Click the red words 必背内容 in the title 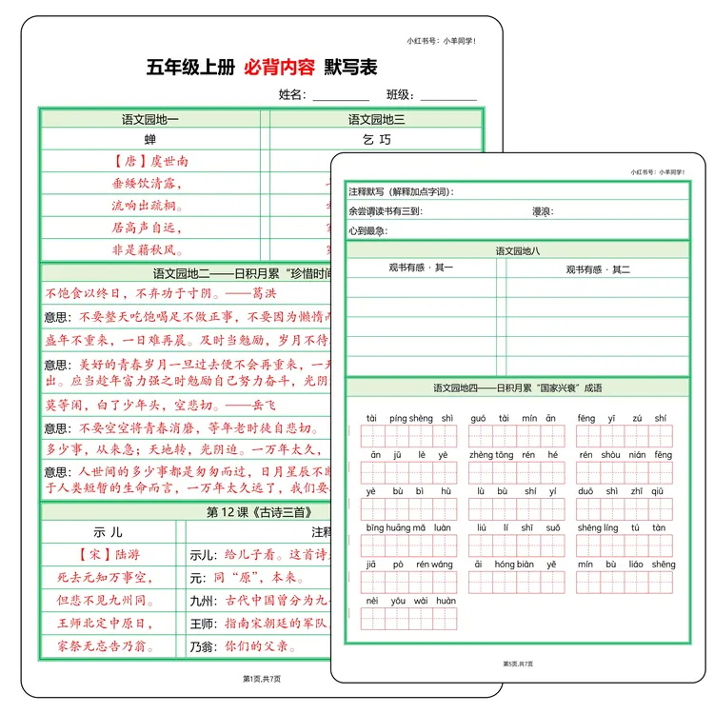(x=278, y=68)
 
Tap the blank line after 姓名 (x=341, y=96)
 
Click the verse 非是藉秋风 (x=147, y=249)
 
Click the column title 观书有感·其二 (x=597, y=269)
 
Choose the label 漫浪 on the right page (x=544, y=211)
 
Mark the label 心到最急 (x=368, y=230)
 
